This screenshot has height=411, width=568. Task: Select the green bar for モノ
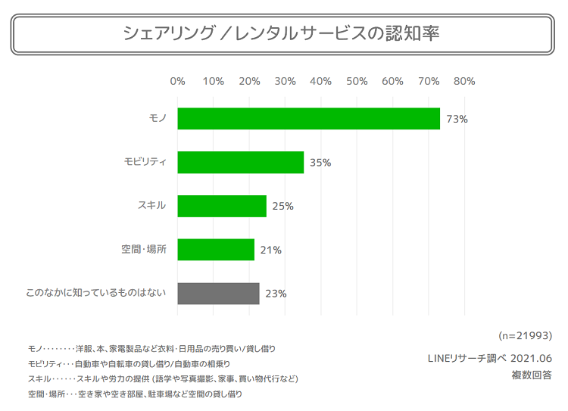[308, 119]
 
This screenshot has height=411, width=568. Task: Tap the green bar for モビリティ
[240, 162]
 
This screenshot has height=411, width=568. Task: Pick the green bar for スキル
[222, 206]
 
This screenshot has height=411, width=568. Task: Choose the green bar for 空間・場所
[216, 250]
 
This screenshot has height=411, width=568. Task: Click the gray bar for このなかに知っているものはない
[218, 293]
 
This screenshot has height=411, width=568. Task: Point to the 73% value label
[457, 119]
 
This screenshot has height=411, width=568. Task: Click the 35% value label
[320, 162]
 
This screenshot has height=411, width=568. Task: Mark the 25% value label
[282, 206]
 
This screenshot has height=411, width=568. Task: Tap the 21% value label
[270, 250]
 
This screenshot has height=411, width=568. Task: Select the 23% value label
[276, 293]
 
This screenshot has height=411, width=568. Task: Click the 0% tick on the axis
[178, 81]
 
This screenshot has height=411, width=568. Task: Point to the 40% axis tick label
[321, 81]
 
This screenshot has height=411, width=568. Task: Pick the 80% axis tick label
[464, 81]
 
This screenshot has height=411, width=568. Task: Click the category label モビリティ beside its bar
[145, 162]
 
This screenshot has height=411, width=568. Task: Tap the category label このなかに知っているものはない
[95, 293]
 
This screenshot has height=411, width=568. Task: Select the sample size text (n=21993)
[526, 335]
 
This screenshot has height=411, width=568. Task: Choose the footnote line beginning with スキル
[163, 378]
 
